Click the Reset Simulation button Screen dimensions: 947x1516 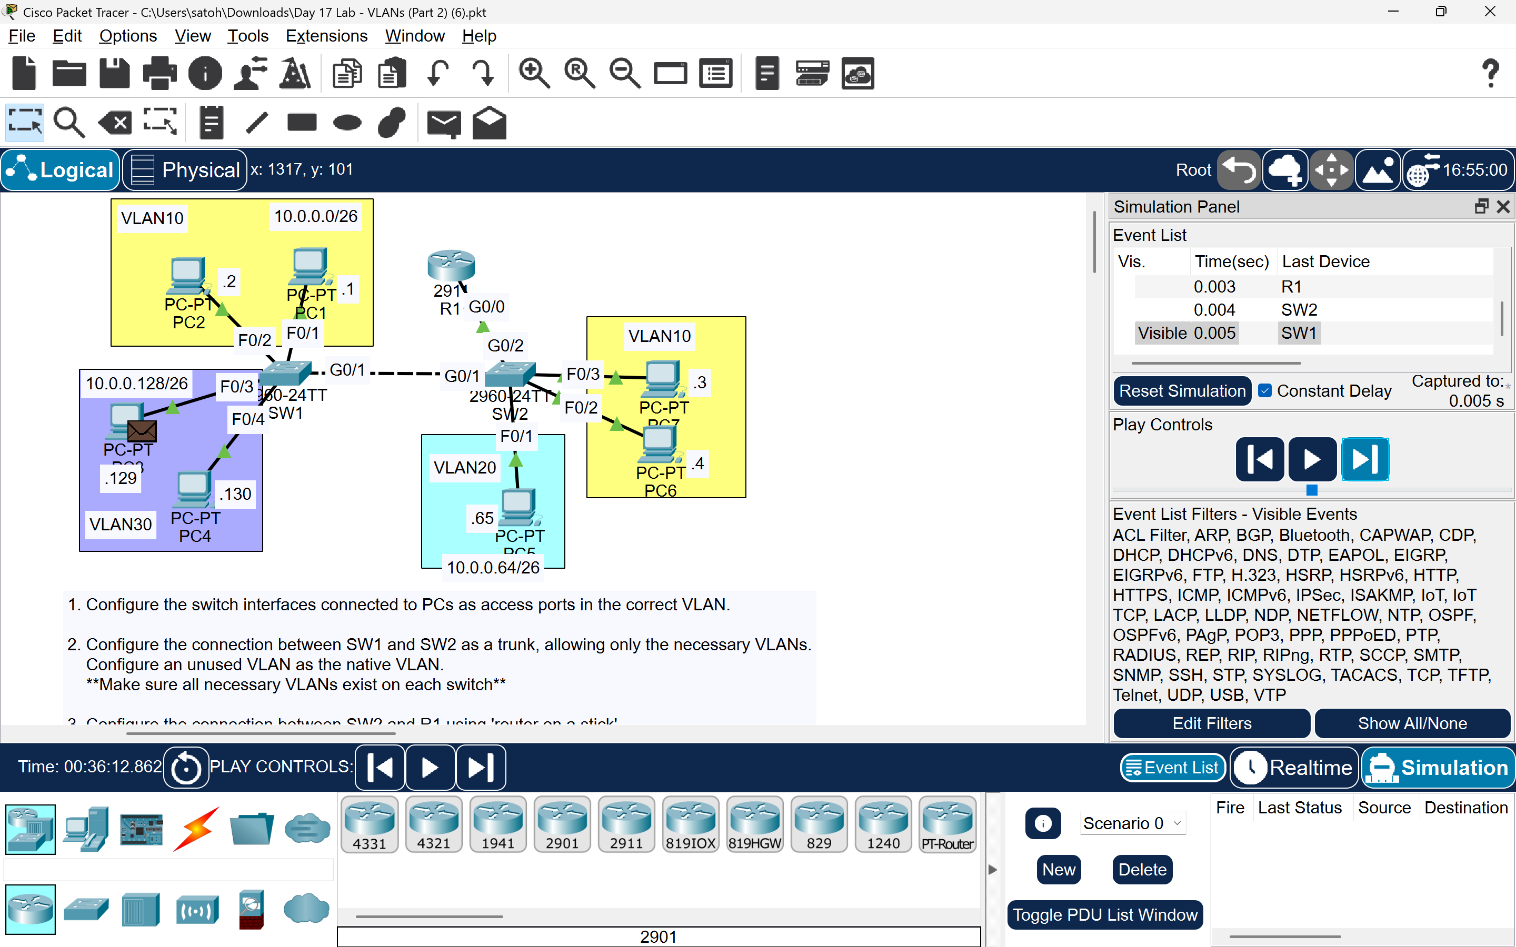[1181, 391]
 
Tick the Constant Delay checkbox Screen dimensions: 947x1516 [1265, 391]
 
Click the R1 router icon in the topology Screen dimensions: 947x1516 [451, 266]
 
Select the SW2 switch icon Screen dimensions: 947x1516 [510, 374]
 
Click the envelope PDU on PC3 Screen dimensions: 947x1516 [142, 430]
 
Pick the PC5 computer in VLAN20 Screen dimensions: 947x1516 [518, 507]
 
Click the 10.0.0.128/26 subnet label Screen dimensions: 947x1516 [136, 384]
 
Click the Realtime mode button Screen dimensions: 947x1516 [1295, 767]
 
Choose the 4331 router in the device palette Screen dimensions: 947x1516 [370, 823]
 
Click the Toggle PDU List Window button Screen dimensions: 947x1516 [1105, 914]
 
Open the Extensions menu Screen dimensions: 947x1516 [326, 36]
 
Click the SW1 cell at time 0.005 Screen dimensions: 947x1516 [1299, 333]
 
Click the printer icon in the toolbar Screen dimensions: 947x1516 [159, 73]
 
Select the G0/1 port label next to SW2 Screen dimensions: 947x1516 [462, 376]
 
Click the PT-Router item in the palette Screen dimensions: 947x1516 [947, 823]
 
